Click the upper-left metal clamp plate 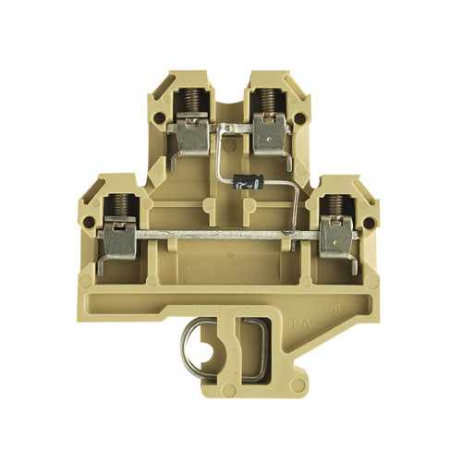191,136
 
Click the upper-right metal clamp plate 271,136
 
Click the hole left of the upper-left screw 160,119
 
